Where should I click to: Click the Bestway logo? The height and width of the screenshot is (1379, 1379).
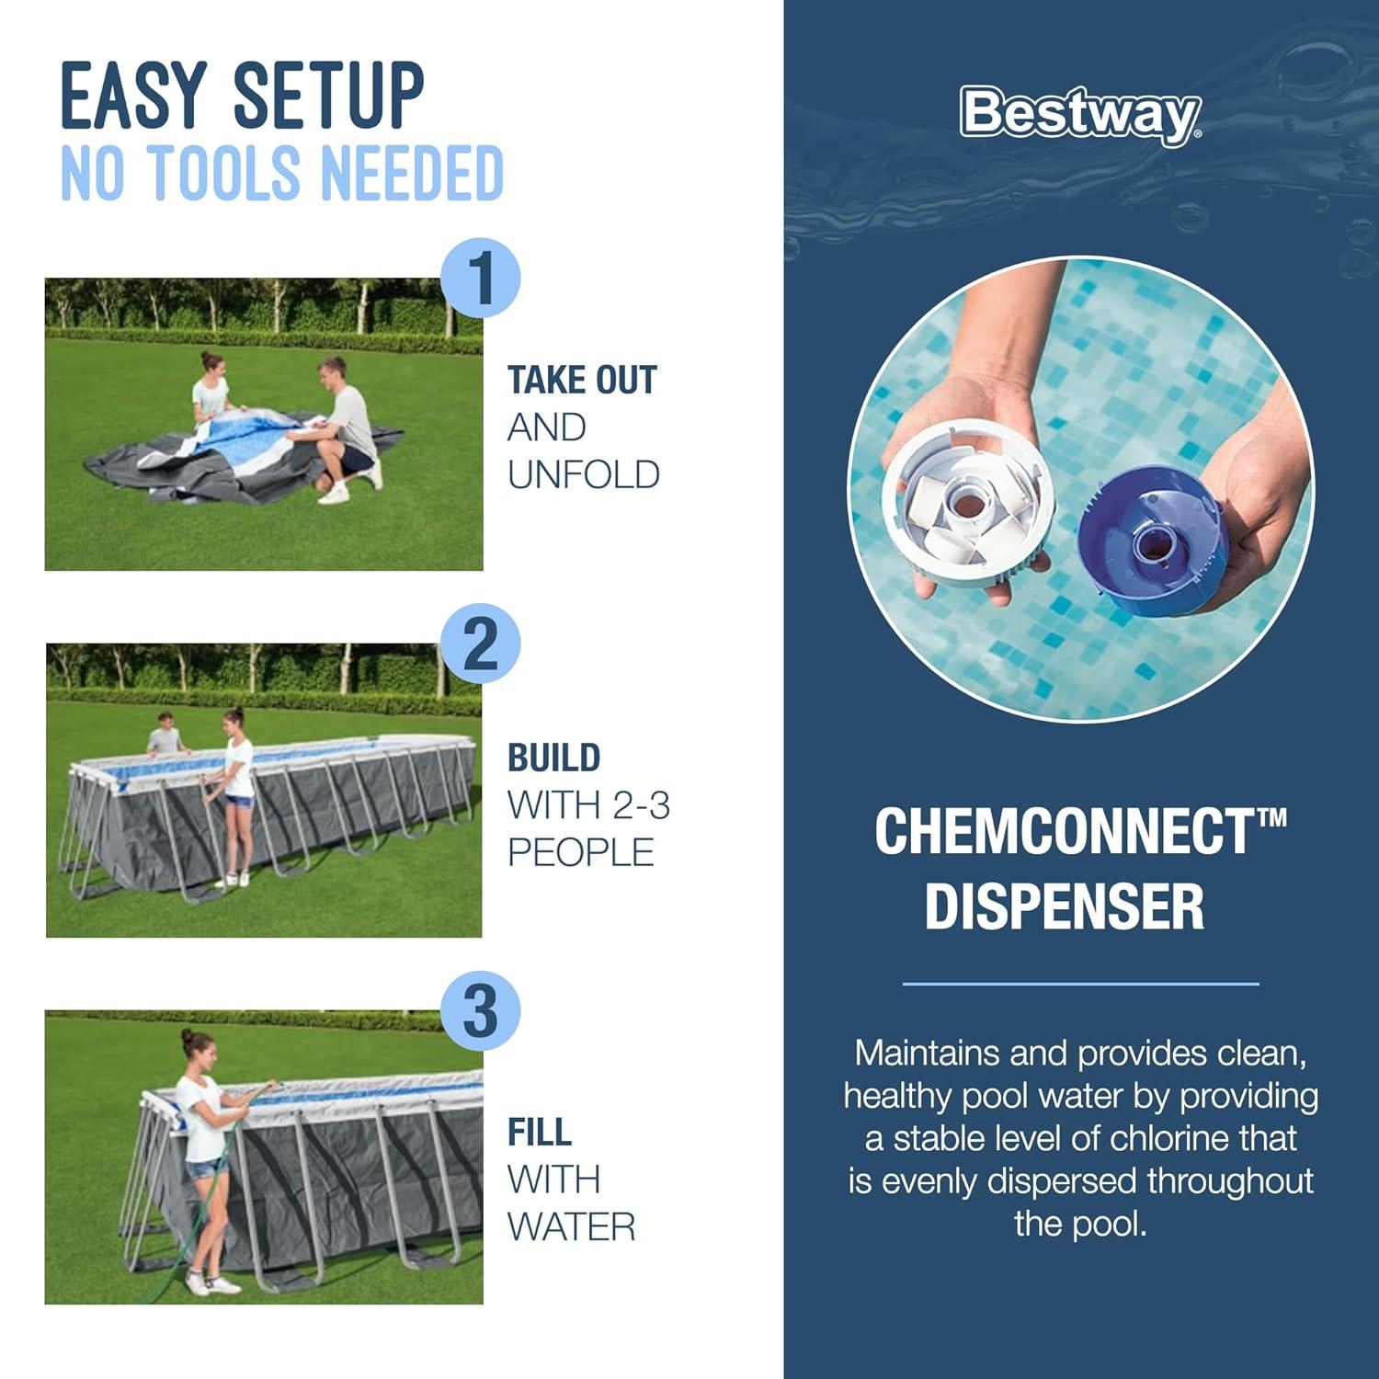1080,114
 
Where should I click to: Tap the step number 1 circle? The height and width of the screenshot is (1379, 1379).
481,279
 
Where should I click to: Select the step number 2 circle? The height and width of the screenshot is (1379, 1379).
481,644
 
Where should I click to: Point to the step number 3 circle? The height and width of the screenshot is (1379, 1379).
481,1011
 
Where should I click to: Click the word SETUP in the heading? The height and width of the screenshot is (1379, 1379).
328,96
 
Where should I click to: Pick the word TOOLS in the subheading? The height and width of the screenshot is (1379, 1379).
225,173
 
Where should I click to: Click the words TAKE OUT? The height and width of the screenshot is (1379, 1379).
582,380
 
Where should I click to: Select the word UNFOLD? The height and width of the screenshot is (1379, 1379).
584,474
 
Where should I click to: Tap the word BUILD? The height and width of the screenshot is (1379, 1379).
553,758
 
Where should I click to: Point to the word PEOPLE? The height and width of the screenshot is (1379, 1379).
581,852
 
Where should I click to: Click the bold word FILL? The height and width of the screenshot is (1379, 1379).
540,1132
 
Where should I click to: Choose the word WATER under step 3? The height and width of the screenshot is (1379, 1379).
571,1226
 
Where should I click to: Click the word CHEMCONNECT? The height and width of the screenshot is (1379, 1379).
1064,831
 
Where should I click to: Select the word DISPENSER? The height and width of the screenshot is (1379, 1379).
1064,906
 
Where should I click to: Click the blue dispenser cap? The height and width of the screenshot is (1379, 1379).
1153,540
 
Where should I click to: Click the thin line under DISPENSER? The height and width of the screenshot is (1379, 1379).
1080,984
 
